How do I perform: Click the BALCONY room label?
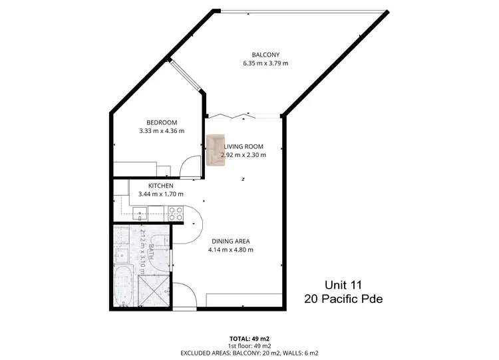(265, 55)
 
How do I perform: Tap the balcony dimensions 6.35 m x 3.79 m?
(265, 64)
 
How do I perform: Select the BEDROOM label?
(162, 122)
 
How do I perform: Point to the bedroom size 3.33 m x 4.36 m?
(162, 131)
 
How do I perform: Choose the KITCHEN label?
(161, 186)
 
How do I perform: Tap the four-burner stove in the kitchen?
(175, 213)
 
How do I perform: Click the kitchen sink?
(140, 213)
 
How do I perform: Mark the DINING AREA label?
(232, 241)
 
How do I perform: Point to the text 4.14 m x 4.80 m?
(232, 250)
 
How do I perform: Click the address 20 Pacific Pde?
(343, 299)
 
